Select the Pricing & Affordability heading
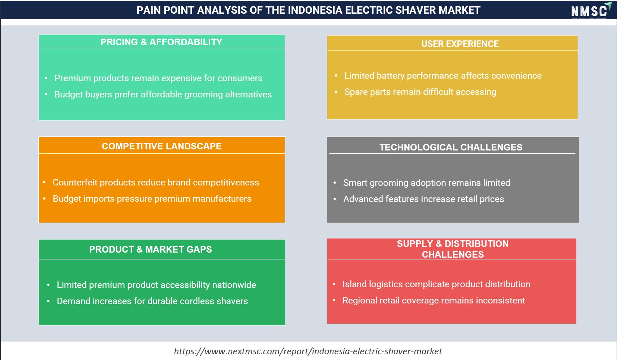pos(161,42)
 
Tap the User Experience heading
pos(460,44)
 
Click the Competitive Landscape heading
pos(162,146)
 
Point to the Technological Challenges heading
pos(451,147)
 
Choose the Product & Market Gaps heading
pos(151,249)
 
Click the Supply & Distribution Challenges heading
pos(453,249)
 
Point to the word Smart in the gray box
pos(355,183)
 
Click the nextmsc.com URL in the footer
pos(308,351)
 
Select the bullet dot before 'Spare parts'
pos(336,92)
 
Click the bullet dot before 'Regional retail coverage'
pos(334,300)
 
